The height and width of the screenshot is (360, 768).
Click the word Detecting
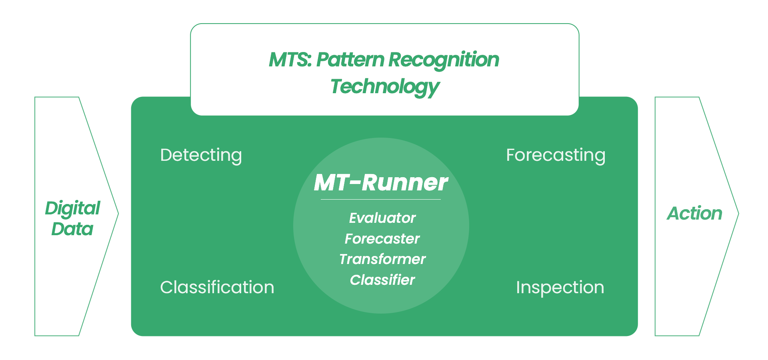(x=201, y=156)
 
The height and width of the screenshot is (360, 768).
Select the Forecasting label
(x=556, y=156)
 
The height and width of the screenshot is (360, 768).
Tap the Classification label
(x=217, y=287)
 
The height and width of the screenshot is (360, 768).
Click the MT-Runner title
(x=381, y=183)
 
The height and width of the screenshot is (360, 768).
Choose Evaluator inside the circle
(x=382, y=218)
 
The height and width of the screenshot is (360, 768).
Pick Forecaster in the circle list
(x=382, y=239)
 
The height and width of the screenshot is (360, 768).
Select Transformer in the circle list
(x=382, y=259)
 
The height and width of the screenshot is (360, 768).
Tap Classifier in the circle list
(x=382, y=280)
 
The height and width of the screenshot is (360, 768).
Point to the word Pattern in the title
(x=350, y=60)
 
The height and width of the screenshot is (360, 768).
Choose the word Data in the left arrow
(x=72, y=229)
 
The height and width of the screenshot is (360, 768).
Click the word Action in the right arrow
(x=695, y=214)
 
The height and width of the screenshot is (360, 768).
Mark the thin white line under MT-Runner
(x=381, y=199)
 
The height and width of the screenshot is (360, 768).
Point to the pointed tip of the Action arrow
(x=738, y=214)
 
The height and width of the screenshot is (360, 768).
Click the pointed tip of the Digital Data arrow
(x=118, y=214)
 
